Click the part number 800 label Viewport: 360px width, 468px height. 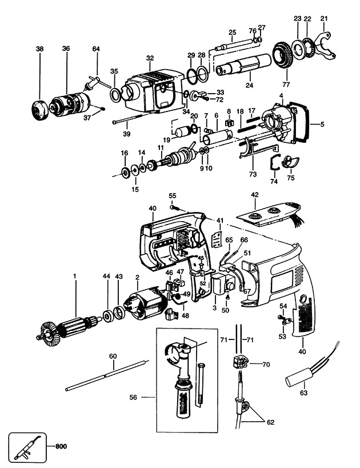click(x=61, y=446)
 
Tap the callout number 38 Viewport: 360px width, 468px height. click(x=39, y=49)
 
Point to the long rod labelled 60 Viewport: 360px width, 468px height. click(x=107, y=375)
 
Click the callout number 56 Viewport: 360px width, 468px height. click(x=134, y=397)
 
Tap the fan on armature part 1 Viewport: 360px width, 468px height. click(x=50, y=333)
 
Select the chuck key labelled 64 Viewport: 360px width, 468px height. click(x=95, y=83)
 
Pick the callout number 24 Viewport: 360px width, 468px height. click(x=249, y=85)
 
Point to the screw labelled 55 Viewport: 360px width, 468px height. click(x=174, y=207)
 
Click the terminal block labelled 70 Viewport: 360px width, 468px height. click(x=240, y=362)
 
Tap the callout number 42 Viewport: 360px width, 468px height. click(x=255, y=195)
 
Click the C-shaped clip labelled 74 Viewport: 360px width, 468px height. click(x=274, y=163)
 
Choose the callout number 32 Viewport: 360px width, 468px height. click(x=150, y=58)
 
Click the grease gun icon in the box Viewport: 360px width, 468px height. click(x=27, y=447)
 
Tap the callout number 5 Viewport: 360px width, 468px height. click(x=322, y=124)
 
